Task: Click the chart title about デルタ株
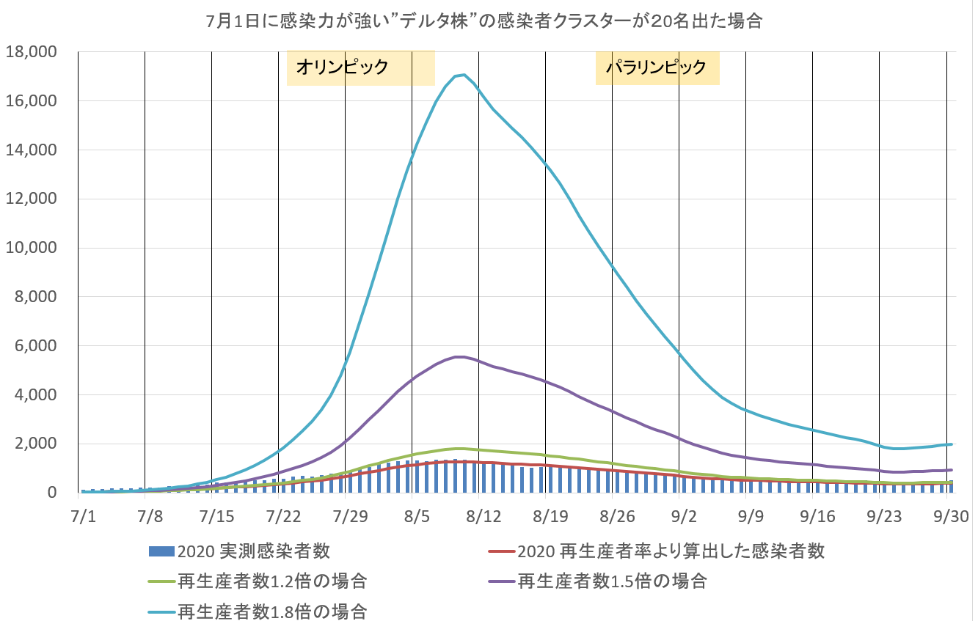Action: point(485,21)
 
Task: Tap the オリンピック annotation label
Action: point(341,68)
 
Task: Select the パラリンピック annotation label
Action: point(656,68)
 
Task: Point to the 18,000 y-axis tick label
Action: point(32,52)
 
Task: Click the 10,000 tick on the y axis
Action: point(32,248)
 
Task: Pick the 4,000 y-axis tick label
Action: point(35,394)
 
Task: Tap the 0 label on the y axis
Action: point(51,493)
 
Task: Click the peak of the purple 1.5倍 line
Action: point(459,357)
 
